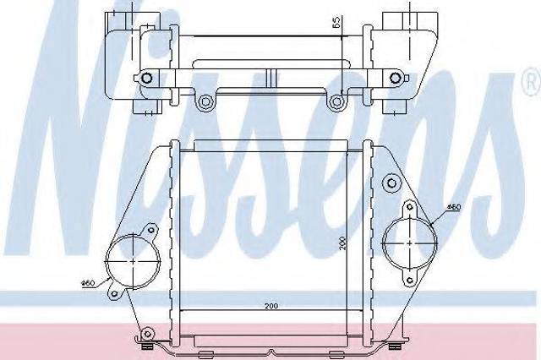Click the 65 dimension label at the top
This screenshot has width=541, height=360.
click(336, 21)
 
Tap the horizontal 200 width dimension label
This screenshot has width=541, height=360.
click(271, 306)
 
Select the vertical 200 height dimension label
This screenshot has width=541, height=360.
click(342, 243)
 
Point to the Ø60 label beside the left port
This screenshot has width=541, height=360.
click(88, 283)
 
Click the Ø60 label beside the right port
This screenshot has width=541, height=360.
click(454, 207)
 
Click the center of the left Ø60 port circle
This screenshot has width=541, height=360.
click(133, 261)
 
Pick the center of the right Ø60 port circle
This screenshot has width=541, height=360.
click(409, 243)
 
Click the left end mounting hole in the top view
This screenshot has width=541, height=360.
click(147, 78)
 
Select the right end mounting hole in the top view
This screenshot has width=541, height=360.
click(395, 78)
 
